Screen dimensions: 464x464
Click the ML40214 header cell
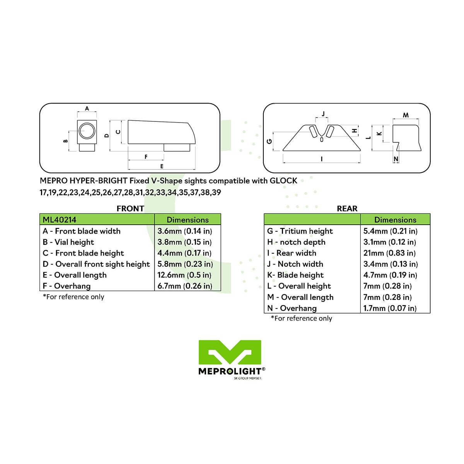[97, 219]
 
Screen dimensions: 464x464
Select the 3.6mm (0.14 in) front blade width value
[185, 231]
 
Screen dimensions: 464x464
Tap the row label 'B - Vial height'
[68, 242]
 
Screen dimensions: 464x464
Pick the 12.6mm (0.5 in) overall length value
[184, 275]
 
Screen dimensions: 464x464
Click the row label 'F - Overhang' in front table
[67, 286]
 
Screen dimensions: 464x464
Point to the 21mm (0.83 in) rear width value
[389, 253]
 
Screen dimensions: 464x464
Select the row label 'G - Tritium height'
[300, 231]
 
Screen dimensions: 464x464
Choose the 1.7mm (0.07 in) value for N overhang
[390, 308]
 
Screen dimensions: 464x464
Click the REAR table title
[347, 208]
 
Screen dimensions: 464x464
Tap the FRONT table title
[130, 208]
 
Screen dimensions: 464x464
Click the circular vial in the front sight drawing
[87, 131]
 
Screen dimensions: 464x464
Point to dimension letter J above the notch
[323, 114]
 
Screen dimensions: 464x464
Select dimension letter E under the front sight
[162, 166]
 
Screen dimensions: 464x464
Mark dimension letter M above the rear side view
[406, 115]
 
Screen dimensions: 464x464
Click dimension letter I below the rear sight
[322, 159]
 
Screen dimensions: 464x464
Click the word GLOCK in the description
[283, 181]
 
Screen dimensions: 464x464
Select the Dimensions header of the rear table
[395, 220]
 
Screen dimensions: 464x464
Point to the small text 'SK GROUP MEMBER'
[247, 378]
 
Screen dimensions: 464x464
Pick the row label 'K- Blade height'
[295, 275]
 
